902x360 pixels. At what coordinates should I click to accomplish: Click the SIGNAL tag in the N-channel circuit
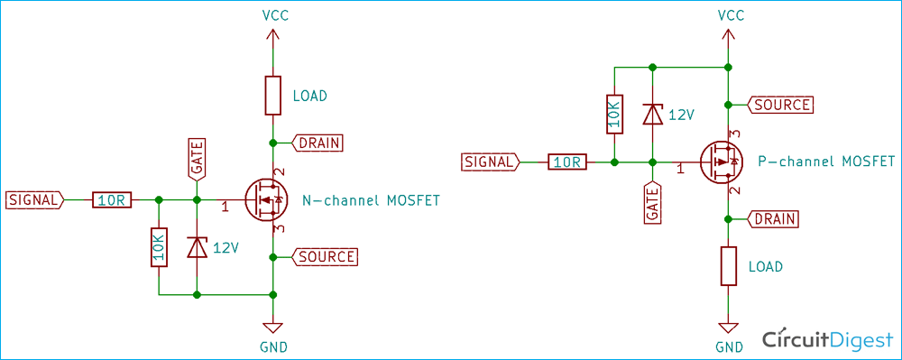tap(35, 199)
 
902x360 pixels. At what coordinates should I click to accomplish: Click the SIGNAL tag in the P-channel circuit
tap(491, 162)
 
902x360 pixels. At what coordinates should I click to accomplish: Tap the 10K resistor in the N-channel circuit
tap(159, 246)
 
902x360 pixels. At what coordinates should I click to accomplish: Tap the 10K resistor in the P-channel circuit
tap(613, 115)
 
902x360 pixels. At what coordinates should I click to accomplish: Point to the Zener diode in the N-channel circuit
tap(196, 246)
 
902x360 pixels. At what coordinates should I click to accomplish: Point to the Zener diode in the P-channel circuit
tap(651, 115)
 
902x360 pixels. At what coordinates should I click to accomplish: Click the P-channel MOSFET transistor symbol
tap(722, 162)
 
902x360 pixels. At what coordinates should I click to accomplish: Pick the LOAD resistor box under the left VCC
tap(272, 96)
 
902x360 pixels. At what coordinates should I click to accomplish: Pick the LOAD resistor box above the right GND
tap(727, 267)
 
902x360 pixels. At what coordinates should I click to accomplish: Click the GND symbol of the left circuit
tap(272, 328)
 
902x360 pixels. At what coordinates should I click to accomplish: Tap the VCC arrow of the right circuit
tap(727, 37)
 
